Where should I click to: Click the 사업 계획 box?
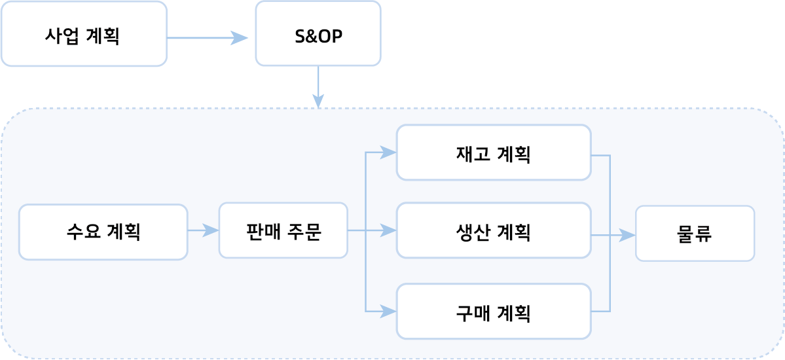pos(84,34)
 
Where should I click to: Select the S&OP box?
pos(318,34)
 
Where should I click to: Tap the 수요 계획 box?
pos(103,232)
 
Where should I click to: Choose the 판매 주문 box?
pos(283,230)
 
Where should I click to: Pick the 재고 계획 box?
pos(494,153)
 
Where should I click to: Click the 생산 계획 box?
pos(494,230)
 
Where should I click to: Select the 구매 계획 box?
pos(494,312)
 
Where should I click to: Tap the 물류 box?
pos(695,234)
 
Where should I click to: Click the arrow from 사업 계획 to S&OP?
pos(207,38)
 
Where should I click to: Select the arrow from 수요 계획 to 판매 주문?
pos(203,230)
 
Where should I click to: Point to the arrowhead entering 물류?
pos(629,236)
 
